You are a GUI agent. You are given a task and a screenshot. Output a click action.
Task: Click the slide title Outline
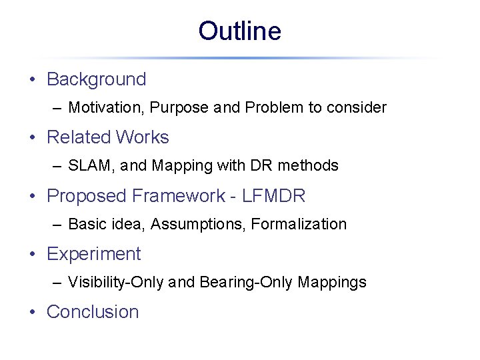pos(239,31)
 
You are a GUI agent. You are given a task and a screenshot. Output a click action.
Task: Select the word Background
pos(96,79)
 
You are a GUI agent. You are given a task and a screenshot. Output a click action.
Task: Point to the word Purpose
pos(179,107)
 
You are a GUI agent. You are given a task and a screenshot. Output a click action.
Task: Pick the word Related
pos(75,137)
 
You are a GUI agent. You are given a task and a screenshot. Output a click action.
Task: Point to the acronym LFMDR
pos(274,196)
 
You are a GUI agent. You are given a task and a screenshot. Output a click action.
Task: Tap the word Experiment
pos(93,254)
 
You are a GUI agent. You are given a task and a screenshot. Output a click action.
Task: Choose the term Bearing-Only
pos(246,282)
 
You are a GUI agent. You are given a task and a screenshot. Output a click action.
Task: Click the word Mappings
pos(332,283)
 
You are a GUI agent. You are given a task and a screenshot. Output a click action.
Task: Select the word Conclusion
pos(93,312)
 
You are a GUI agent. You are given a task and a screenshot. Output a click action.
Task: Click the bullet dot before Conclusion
pos(32,312)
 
